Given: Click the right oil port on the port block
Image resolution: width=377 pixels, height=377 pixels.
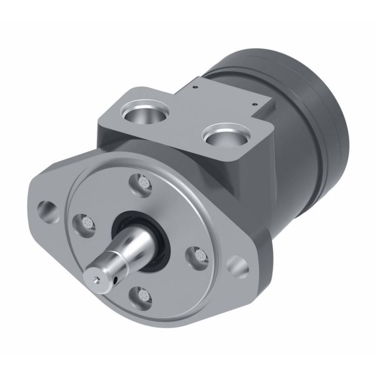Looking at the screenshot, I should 225,135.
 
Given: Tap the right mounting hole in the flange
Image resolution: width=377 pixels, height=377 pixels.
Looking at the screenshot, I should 236,264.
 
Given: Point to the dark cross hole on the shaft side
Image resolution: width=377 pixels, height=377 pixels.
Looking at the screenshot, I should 117,278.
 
